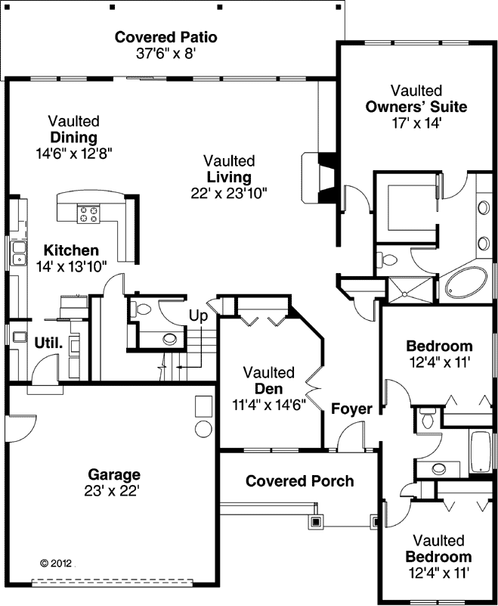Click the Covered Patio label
[165, 37]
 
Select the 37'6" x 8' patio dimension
[165, 54]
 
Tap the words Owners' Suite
[416, 107]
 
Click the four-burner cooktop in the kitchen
[88, 214]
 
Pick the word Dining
[73, 138]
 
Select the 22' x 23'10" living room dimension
[229, 193]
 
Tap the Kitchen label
[71, 250]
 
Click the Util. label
[48, 343]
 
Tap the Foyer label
[351, 409]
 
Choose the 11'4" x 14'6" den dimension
[268, 404]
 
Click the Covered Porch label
[299, 481]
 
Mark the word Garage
[114, 475]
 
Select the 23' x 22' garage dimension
[114, 491]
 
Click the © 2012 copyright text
[55, 563]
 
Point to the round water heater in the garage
[203, 430]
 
